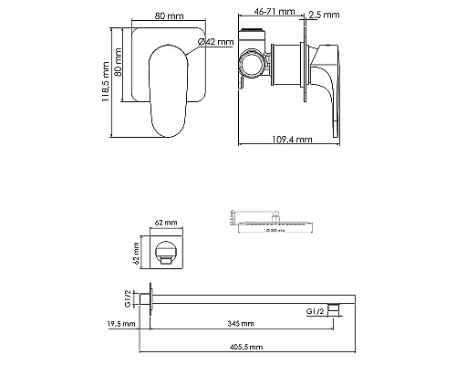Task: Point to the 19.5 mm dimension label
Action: click(x=120, y=323)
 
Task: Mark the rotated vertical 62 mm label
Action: click(x=135, y=249)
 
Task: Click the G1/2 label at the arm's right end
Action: click(x=313, y=311)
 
